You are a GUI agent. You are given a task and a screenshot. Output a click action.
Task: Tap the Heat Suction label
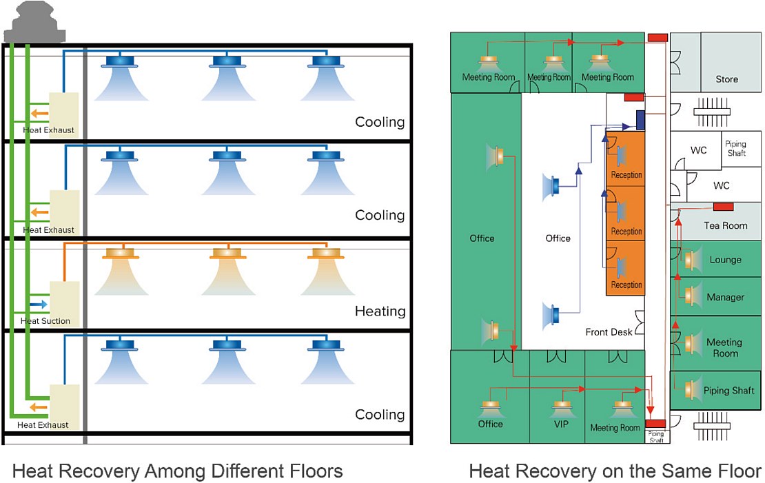tap(45, 321)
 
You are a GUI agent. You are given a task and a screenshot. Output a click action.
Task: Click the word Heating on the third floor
tap(380, 311)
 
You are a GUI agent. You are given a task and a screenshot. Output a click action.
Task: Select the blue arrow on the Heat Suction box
tap(39, 303)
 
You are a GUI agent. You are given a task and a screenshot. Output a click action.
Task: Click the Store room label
tap(726, 79)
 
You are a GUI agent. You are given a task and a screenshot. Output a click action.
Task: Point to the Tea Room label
tap(725, 226)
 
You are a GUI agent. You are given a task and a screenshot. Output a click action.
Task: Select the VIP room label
tap(561, 424)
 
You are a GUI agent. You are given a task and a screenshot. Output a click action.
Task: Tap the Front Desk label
tap(609, 332)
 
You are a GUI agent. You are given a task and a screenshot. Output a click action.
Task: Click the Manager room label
tap(725, 298)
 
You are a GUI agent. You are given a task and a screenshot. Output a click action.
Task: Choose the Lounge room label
tap(725, 260)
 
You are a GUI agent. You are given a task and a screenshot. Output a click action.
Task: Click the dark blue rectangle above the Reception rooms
tap(640, 120)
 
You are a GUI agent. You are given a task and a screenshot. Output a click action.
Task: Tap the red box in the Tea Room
tap(722, 207)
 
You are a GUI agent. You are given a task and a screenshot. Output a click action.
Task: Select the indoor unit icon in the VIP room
tap(562, 407)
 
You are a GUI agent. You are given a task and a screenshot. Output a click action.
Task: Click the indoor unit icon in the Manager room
tap(689, 296)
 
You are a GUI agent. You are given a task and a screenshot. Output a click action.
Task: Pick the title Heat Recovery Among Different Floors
tap(177, 471)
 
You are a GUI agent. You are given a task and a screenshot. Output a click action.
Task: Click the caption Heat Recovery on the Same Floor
tap(615, 471)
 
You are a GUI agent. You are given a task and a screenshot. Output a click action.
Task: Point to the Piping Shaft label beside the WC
tap(735, 149)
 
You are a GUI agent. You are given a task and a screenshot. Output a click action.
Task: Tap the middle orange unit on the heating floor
tap(226, 254)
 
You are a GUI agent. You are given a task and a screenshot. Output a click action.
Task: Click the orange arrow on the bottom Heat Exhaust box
tap(39, 407)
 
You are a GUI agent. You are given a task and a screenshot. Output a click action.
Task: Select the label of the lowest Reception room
tap(626, 285)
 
